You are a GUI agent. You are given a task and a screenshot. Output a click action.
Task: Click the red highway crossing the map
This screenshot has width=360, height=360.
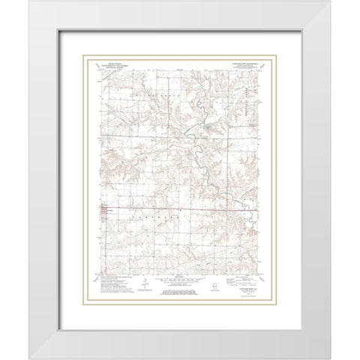click(180, 209)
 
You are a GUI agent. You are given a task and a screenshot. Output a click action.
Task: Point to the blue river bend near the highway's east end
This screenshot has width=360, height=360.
click(238, 201)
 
